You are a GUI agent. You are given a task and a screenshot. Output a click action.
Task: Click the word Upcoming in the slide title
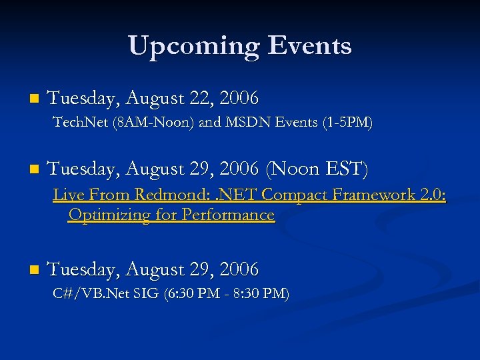click(193, 46)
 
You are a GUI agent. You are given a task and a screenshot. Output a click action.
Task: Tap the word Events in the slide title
click(309, 46)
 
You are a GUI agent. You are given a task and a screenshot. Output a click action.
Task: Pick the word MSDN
click(245, 123)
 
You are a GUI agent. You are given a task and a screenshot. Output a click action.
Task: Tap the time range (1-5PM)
click(346, 123)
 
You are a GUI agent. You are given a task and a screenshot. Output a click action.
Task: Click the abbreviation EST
click(343, 169)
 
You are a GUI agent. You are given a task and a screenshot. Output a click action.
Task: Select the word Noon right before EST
click(294, 169)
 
